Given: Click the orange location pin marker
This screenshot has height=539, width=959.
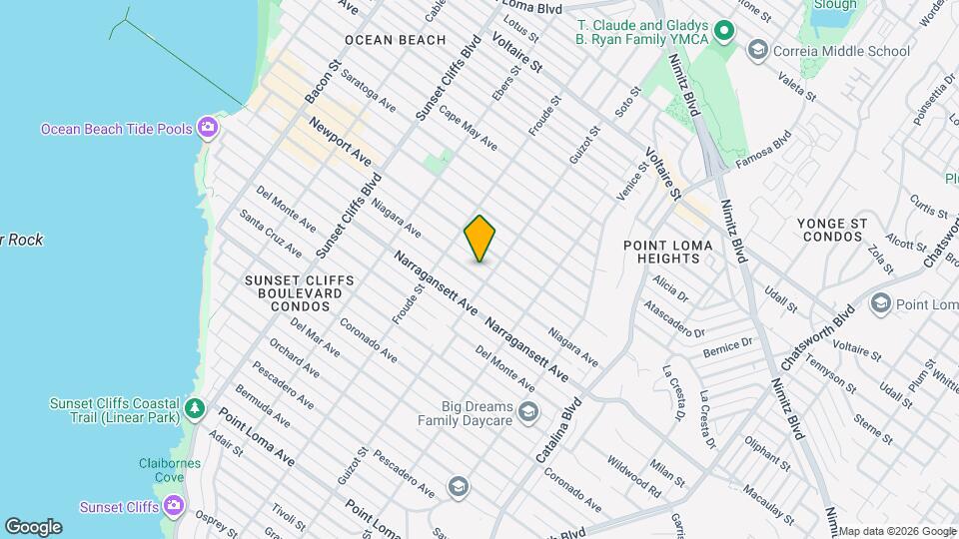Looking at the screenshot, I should pyautogui.click(x=479, y=238).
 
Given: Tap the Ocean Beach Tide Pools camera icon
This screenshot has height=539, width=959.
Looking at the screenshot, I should pyautogui.click(x=208, y=127).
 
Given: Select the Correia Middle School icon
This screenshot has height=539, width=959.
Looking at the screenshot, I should pyautogui.click(x=758, y=50).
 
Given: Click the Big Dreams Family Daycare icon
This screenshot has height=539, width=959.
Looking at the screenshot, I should pyautogui.click(x=528, y=411).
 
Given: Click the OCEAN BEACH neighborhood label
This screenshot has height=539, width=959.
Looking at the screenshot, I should pyautogui.click(x=395, y=40).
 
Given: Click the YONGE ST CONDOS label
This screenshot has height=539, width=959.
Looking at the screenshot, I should pyautogui.click(x=831, y=230).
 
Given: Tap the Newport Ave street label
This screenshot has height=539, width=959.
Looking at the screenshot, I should pyautogui.click(x=340, y=142).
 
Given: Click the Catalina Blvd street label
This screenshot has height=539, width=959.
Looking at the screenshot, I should pyautogui.click(x=557, y=431).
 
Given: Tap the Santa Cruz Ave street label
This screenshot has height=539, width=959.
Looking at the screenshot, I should pyautogui.click(x=270, y=233).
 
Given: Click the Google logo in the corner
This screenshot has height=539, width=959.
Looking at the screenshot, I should pyautogui.click(x=33, y=527).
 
